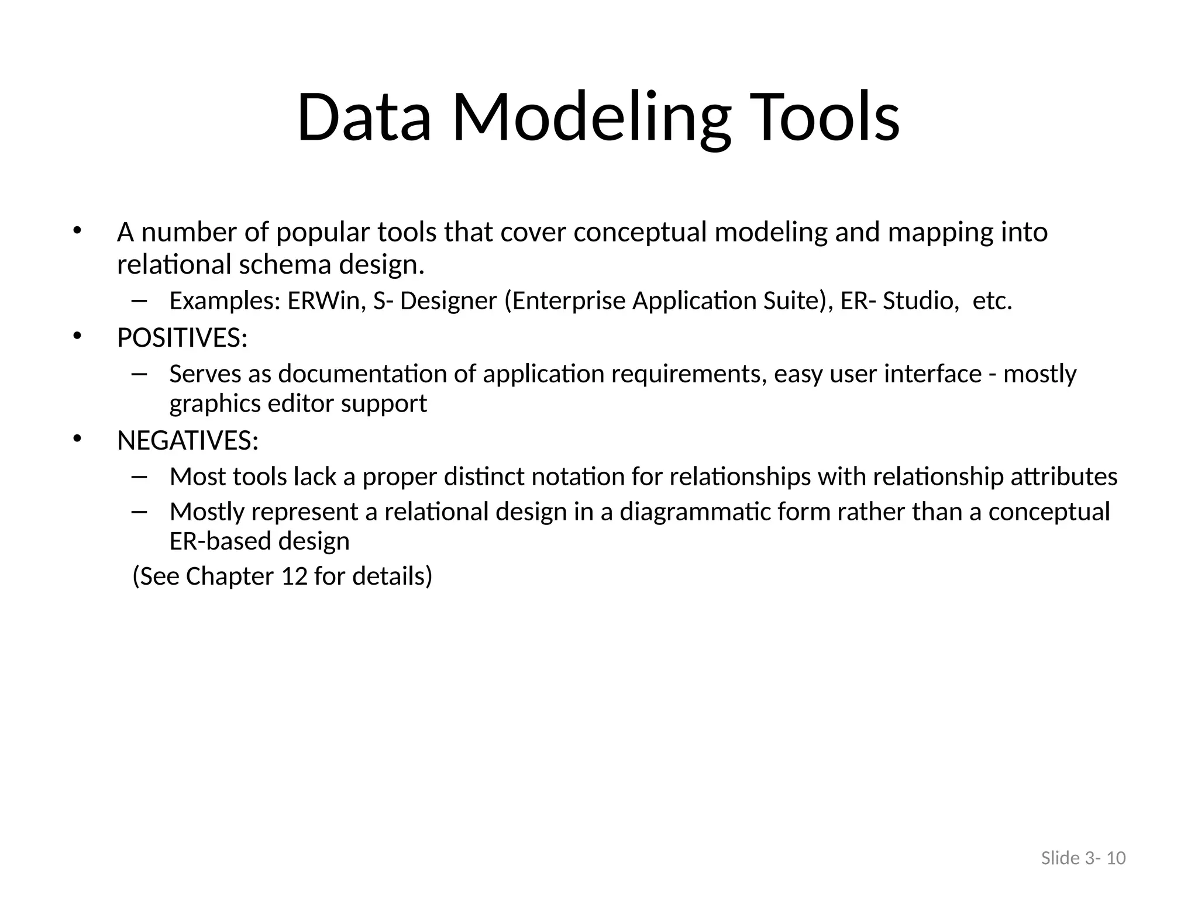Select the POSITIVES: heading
[x=182, y=338]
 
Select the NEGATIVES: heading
[x=188, y=440]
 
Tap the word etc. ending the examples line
[x=992, y=301]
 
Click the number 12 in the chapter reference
[x=294, y=576]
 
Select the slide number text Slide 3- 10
[x=1083, y=858]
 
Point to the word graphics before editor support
[x=215, y=404]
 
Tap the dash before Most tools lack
[x=139, y=476]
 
